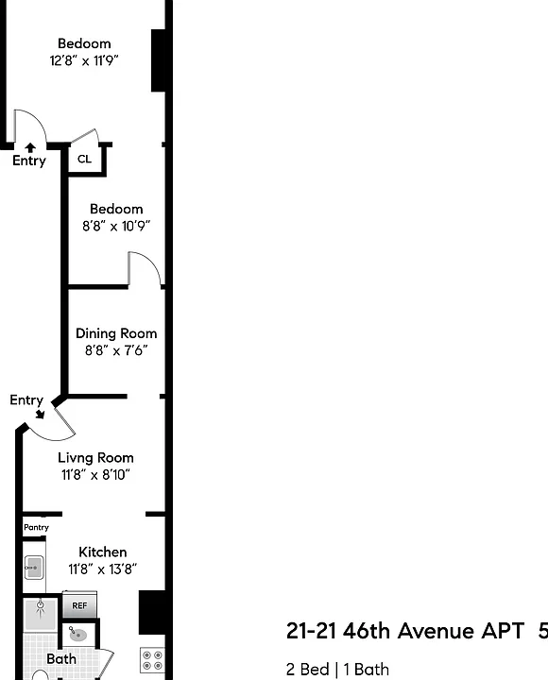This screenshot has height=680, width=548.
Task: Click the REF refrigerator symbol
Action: click(x=79, y=604)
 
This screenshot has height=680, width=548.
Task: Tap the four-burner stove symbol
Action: click(x=153, y=660)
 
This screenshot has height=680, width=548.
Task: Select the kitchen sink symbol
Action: click(x=33, y=568)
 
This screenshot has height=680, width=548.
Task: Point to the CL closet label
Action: click(x=85, y=160)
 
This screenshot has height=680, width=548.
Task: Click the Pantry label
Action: click(x=36, y=527)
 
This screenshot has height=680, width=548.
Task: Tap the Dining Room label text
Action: click(x=116, y=333)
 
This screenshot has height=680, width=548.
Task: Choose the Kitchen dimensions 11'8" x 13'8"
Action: click(x=103, y=569)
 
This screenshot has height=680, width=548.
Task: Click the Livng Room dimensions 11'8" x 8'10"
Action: click(x=95, y=474)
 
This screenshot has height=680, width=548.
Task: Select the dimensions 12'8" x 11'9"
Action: click(x=84, y=60)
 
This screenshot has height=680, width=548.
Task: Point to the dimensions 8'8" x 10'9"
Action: click(x=116, y=226)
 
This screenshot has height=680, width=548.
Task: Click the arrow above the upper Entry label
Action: click(x=30, y=148)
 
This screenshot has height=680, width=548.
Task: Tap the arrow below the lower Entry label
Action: click(x=40, y=414)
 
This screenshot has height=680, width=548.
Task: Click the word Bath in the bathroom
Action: click(x=61, y=659)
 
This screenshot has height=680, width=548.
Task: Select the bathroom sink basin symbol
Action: click(x=78, y=635)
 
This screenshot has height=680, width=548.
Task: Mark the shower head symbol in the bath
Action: click(x=41, y=604)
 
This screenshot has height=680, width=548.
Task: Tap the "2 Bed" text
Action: click(x=307, y=670)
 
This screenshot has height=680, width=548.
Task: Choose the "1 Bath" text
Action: click(x=367, y=670)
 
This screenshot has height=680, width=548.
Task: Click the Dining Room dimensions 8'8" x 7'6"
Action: click(x=116, y=350)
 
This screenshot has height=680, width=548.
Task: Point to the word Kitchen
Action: click(x=103, y=552)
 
